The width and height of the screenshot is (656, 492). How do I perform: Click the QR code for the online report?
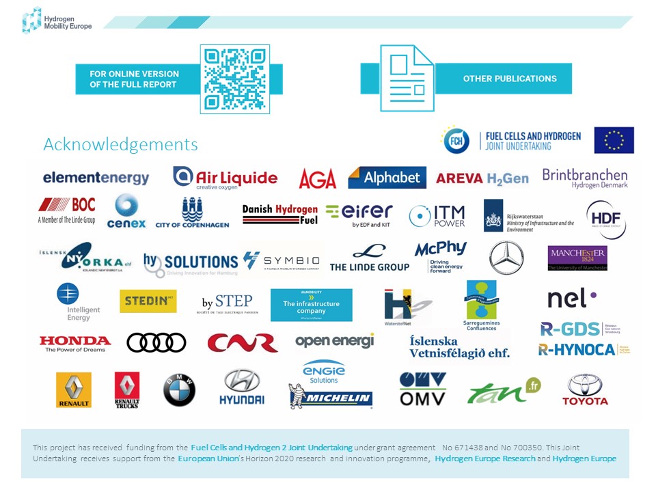235,79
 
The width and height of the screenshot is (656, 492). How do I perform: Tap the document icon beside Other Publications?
407,79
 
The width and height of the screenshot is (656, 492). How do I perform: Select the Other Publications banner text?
510,79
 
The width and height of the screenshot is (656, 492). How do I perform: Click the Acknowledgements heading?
120,145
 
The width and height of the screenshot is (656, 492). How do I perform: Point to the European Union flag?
614,140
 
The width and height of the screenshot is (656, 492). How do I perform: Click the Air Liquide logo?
225,178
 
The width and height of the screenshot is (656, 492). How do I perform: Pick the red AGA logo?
318,179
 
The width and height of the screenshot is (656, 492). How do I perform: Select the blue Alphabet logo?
387,178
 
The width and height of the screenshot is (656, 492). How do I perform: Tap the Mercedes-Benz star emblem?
506,258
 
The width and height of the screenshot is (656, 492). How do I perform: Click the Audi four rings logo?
156,342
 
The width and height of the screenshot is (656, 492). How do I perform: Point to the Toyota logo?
585,389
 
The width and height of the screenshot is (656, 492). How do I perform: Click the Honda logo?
74,343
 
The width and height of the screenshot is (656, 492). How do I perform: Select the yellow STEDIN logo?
148,301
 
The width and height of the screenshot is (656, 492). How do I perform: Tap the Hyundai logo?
241,387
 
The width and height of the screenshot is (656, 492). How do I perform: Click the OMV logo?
422,389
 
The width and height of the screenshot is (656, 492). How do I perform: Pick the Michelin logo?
331,398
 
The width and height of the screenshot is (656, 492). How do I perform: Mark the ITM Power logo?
437,216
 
